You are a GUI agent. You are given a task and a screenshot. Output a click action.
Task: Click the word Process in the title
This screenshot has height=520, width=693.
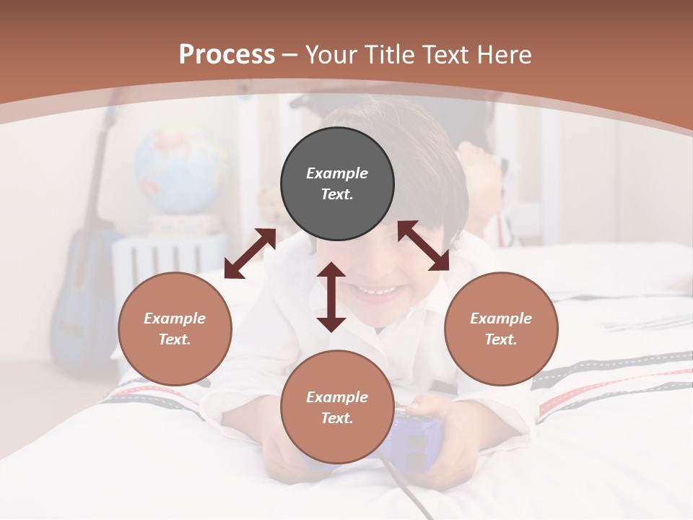[x=227, y=55]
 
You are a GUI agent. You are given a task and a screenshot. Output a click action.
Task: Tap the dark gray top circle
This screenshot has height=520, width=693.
[x=337, y=183]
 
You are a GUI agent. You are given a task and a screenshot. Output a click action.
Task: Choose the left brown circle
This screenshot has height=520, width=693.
[x=175, y=329]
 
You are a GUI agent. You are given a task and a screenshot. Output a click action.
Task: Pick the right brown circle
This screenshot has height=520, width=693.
[x=501, y=329]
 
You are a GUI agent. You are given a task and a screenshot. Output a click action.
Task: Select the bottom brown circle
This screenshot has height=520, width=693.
[x=337, y=407]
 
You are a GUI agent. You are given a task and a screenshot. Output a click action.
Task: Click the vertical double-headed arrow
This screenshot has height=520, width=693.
[x=331, y=297]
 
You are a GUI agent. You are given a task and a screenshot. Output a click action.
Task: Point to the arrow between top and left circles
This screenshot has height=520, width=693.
[x=250, y=253]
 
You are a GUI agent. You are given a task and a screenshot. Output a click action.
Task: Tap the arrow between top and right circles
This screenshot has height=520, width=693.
[x=424, y=246]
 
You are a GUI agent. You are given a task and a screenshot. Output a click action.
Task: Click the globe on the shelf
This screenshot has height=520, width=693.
[x=180, y=170]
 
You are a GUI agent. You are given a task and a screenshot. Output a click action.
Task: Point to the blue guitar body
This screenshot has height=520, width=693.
[x=79, y=318]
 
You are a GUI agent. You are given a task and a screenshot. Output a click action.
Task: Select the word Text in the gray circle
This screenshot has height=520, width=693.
[x=336, y=194]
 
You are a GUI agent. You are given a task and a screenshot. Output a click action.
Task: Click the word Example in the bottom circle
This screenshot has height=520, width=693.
[x=337, y=396]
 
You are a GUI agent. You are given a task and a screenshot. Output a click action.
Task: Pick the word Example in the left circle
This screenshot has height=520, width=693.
[x=175, y=318]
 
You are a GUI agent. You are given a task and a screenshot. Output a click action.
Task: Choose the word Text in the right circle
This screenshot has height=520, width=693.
[x=500, y=339]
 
